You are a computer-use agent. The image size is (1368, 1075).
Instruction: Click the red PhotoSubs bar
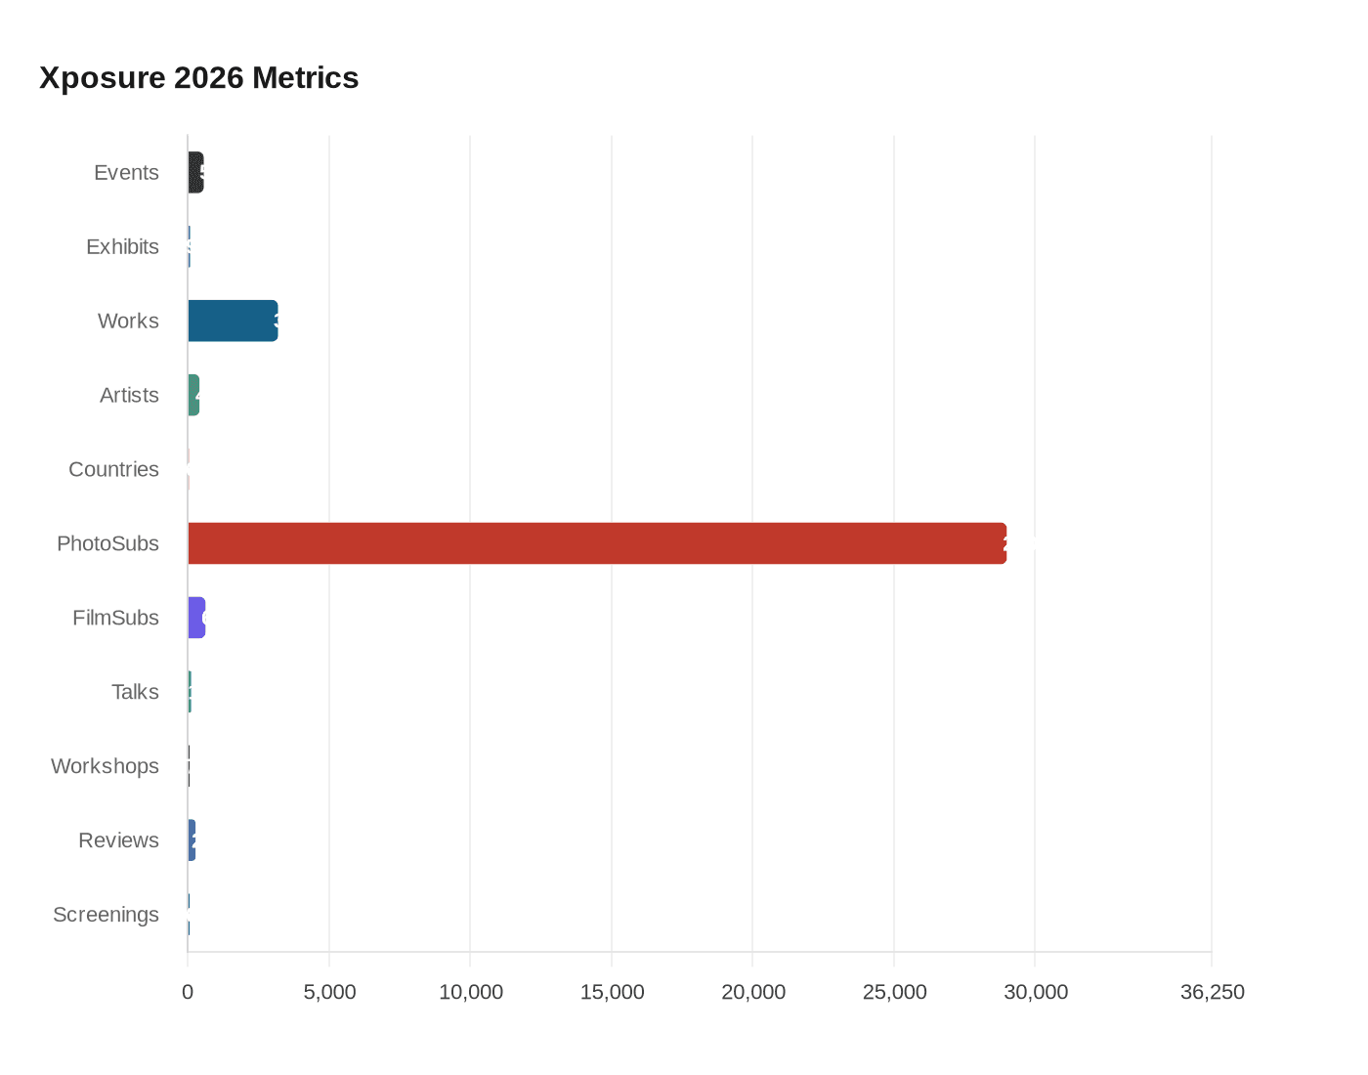pyautogui.click(x=596, y=543)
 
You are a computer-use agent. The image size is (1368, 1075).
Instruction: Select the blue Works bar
pyautogui.click(x=233, y=321)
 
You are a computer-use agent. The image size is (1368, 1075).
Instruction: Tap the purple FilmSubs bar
pyautogui.click(x=196, y=618)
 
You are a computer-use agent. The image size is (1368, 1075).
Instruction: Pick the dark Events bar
pyautogui.click(x=195, y=172)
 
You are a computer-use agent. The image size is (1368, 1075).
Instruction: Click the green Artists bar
pyautogui.click(x=193, y=395)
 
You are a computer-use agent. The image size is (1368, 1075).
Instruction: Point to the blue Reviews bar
pyautogui.click(x=192, y=840)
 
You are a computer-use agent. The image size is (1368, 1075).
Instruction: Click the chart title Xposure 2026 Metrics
pyautogui.click(x=198, y=77)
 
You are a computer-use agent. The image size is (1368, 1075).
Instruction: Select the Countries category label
pyautogui.click(x=113, y=469)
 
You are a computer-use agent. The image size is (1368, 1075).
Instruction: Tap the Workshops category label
pyautogui.click(x=105, y=766)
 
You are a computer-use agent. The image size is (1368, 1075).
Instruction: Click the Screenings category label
pyautogui.click(x=106, y=915)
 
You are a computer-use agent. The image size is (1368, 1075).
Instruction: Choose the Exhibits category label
pyautogui.click(x=122, y=246)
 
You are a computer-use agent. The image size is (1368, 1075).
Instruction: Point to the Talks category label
pyautogui.click(x=135, y=692)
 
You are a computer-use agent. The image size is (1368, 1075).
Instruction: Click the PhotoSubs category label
pyautogui.click(x=107, y=543)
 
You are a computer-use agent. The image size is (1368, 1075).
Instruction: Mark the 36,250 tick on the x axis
pyautogui.click(x=1212, y=992)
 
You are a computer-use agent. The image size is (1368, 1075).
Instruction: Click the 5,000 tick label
pyautogui.click(x=329, y=992)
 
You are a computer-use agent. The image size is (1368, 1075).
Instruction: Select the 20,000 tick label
pyautogui.click(x=752, y=992)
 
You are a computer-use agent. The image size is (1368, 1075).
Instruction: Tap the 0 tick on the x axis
pyautogui.click(x=188, y=992)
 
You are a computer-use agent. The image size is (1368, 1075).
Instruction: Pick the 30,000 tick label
pyautogui.click(x=1035, y=992)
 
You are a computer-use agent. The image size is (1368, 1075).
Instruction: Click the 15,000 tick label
pyautogui.click(x=612, y=992)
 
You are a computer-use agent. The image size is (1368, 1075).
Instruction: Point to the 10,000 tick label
pyautogui.click(x=470, y=992)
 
